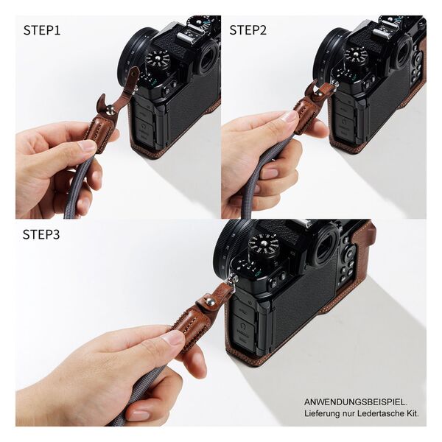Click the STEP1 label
(42, 30)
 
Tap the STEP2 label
(248, 30)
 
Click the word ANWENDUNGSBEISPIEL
(355, 401)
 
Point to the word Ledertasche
(374, 414)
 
